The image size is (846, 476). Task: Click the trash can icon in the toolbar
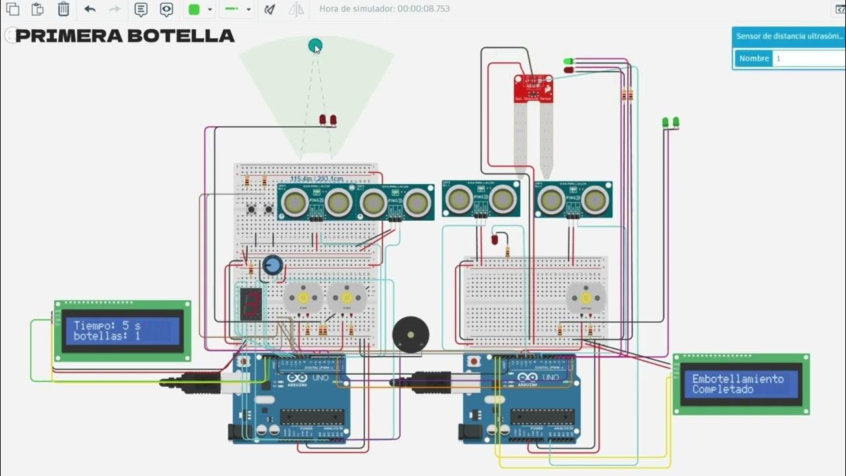63,9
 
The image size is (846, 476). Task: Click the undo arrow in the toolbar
90,9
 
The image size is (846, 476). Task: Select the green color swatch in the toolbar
194,9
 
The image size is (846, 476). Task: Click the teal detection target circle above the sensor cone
315,45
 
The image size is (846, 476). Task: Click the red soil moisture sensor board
533,88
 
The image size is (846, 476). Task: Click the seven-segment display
250,304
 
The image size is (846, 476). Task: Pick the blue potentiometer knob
272,266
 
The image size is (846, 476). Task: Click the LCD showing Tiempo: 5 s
122,331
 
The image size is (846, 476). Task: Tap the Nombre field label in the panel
753,58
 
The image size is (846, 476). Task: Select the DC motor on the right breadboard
586,299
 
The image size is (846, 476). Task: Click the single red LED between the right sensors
494,239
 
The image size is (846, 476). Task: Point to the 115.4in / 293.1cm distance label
317,179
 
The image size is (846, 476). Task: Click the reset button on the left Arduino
243,362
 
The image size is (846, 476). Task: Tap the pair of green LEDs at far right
670,122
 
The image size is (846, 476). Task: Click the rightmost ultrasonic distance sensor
573,200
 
